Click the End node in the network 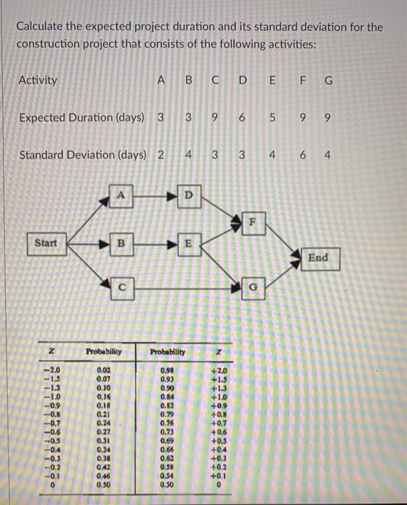(318, 258)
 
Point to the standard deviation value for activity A (159, 154)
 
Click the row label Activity (38, 80)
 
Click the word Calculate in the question (45, 27)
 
